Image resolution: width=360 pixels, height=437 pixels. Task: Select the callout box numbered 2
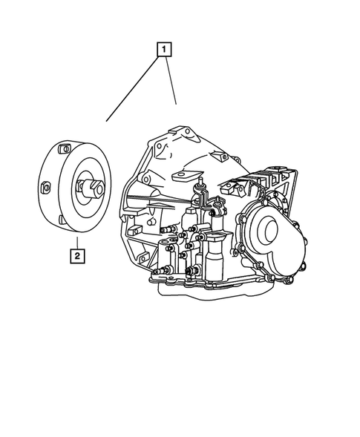76,256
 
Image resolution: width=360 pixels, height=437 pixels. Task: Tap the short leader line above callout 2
76,241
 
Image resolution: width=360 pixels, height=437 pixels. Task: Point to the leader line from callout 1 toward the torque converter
134,89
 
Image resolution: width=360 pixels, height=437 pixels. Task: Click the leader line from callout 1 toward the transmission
171,82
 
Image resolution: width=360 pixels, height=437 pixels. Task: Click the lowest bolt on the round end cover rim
269,277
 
